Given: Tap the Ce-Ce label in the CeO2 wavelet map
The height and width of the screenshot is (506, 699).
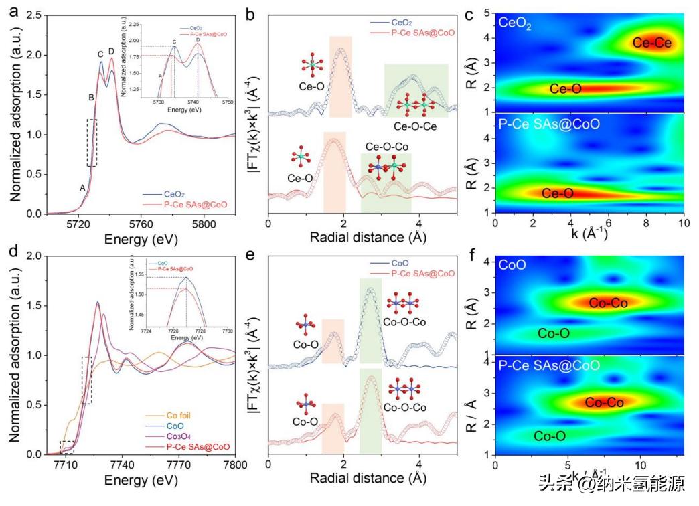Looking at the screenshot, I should tap(651, 43).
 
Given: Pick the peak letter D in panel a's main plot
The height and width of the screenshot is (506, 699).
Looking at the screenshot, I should tap(111, 51).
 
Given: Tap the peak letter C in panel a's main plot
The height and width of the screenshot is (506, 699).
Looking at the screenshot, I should tap(100, 54).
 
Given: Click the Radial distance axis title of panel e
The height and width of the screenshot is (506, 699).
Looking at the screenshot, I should tap(363, 478).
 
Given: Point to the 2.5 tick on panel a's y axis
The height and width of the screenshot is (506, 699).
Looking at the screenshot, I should tap(35, 15).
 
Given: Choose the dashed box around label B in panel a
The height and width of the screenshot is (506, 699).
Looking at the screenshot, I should tap(92, 143).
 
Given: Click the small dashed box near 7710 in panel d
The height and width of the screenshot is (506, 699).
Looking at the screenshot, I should tap(67, 446).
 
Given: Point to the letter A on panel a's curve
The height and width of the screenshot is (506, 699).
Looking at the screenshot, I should tap(83, 188).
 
